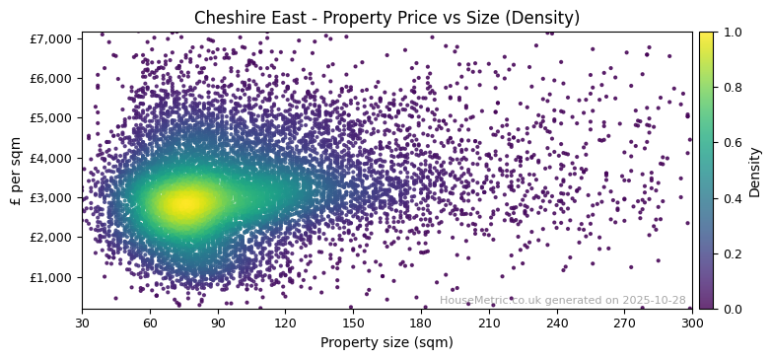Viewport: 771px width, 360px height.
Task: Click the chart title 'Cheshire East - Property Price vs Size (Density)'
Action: tap(386, 18)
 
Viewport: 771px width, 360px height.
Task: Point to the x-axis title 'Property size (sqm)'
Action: tap(386, 343)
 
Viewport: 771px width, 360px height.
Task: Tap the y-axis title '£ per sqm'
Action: tap(17, 171)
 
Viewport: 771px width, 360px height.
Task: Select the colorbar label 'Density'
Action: tap(755, 171)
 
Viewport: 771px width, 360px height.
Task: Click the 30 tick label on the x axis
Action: tap(82, 323)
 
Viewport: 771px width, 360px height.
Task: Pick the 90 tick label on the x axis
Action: tap(218, 323)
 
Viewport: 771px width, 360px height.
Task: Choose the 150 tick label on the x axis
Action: tap(353, 323)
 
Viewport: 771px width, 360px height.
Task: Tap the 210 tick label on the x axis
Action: tap(489, 323)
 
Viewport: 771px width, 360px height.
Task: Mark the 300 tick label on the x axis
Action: tap(692, 323)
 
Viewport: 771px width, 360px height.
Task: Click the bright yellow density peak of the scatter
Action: tap(183, 202)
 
